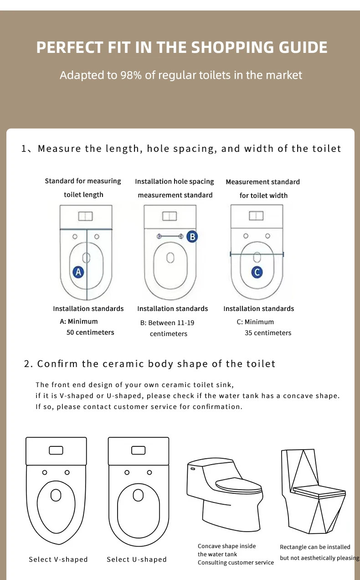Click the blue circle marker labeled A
[78, 272]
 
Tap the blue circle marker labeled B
[192, 236]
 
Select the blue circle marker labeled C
[257, 272]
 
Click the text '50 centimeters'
[90, 332]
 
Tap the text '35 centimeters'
[267, 333]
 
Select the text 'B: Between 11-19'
[167, 323]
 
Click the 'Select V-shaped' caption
[58, 559]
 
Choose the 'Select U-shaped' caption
[137, 559]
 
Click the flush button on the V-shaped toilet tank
[56, 451]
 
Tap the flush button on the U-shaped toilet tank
[139, 451]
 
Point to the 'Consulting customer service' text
[236, 563]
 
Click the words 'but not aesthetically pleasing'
[319, 558]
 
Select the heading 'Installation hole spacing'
[175, 181]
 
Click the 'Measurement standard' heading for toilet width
[263, 182]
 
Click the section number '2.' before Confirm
[29, 364]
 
